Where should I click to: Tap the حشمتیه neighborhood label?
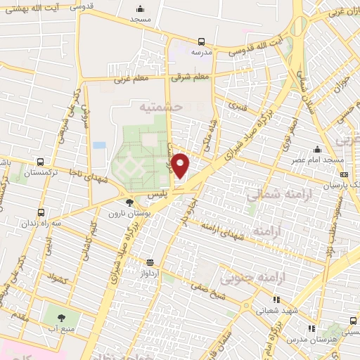pos(162,107)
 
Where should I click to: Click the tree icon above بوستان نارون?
pos(129,202)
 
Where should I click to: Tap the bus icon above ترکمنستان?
pos(40,161)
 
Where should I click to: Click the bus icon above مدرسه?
pos(202,41)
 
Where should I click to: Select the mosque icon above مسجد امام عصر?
pos(319,149)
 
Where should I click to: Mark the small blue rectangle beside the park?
pos(99,145)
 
